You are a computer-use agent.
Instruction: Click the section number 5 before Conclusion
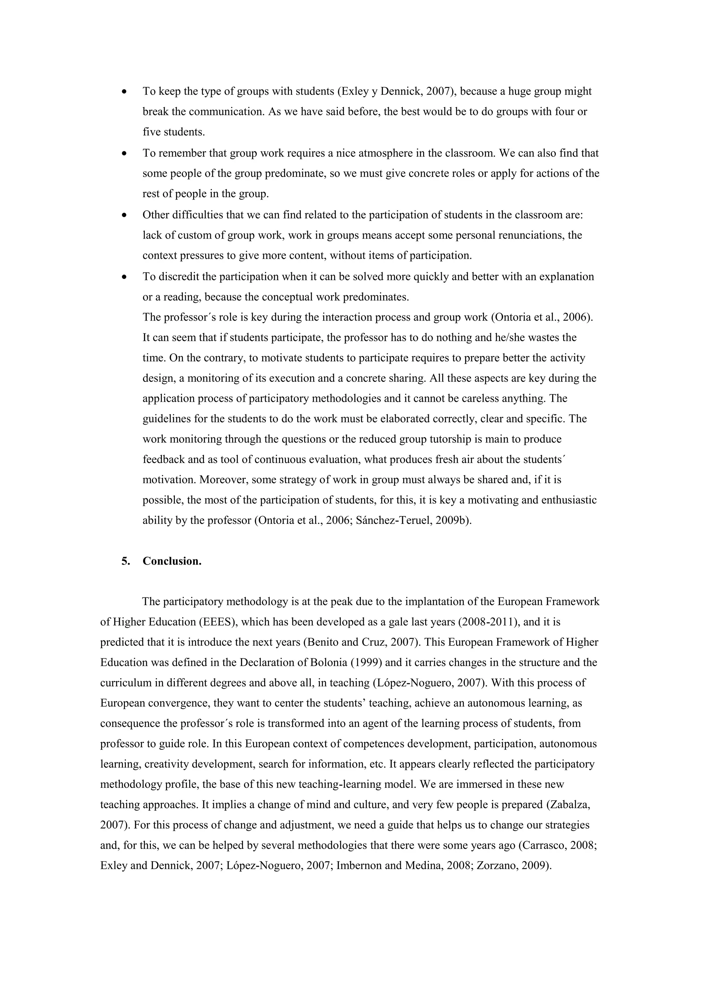(125, 561)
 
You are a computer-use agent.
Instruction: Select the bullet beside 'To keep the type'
(125, 92)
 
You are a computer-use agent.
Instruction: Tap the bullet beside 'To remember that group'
(125, 154)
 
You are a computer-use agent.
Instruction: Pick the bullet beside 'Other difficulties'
(125, 215)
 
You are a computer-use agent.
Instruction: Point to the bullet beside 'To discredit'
(125, 277)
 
